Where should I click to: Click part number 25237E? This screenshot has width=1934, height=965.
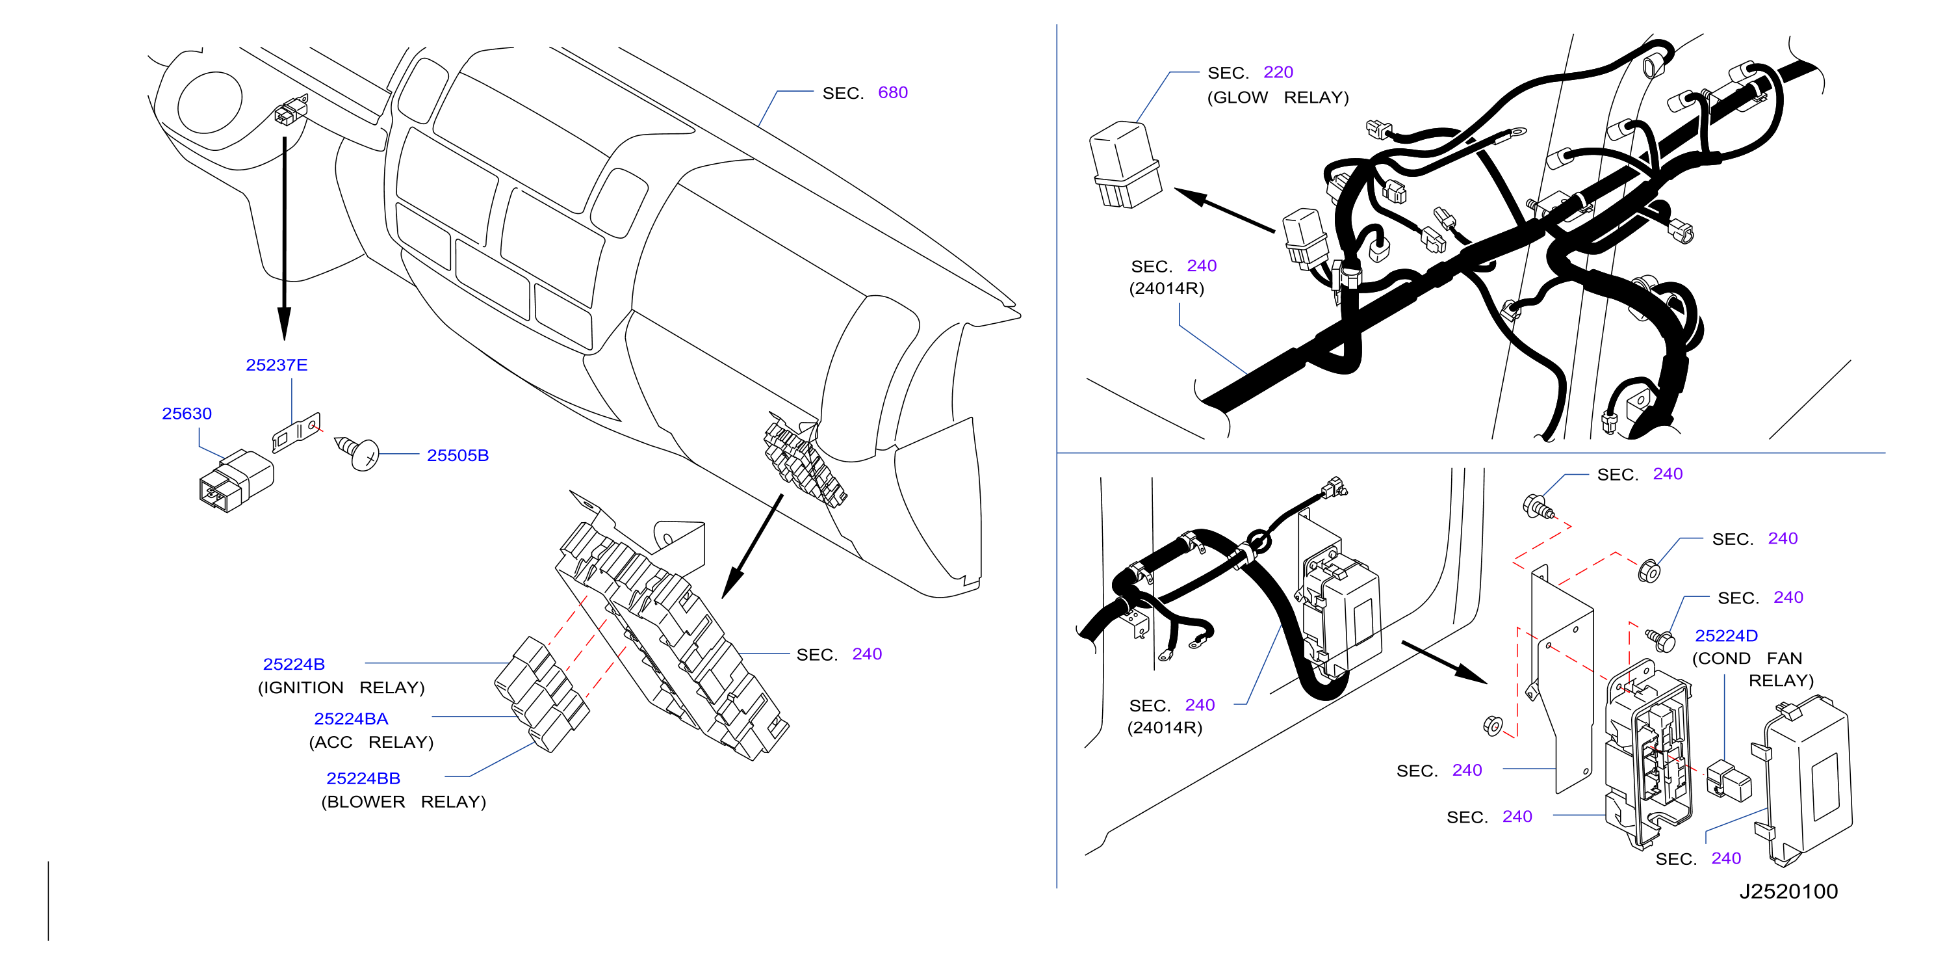coord(276,365)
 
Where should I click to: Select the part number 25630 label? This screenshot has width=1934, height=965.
coord(187,414)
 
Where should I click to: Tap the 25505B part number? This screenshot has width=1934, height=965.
coord(458,455)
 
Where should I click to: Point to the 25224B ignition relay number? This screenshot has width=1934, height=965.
coord(294,665)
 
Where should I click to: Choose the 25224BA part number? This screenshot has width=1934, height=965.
coord(351,719)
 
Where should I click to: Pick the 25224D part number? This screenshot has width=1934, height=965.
coord(1726,636)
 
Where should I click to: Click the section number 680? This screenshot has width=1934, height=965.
coord(893,92)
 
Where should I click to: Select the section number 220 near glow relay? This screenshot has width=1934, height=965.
coord(1278,72)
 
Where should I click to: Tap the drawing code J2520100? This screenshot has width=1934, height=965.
coord(1788,892)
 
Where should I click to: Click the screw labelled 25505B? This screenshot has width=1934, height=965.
coord(357,452)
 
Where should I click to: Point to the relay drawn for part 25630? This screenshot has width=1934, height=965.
coord(237,481)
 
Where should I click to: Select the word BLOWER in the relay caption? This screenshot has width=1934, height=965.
coord(363,802)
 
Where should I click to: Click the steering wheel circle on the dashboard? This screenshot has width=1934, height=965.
coord(210,103)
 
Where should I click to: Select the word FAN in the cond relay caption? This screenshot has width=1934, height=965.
coord(1784,659)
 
